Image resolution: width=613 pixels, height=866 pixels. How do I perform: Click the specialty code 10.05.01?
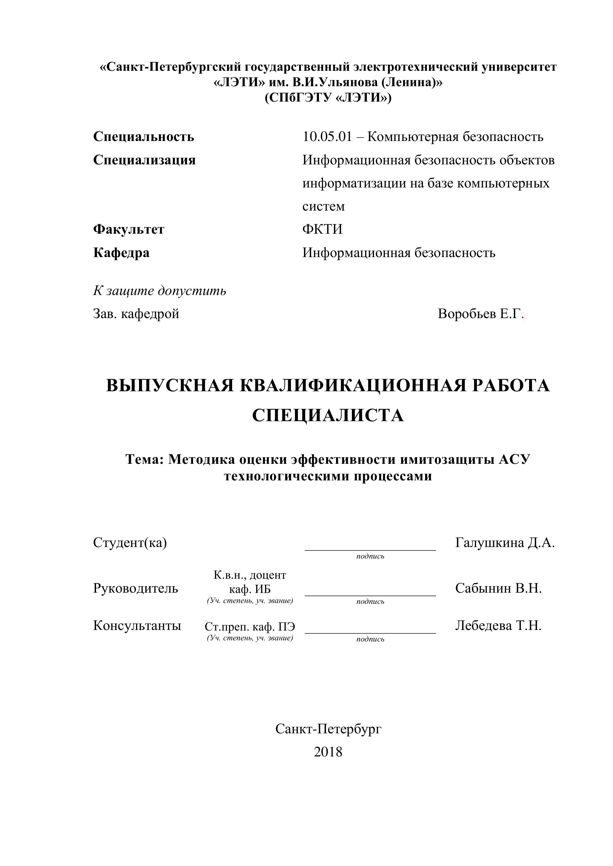(327, 137)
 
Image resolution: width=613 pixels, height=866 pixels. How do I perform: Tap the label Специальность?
(143, 137)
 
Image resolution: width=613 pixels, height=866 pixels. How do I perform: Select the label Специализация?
(144, 160)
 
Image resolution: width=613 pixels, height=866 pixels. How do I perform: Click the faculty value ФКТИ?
(322, 229)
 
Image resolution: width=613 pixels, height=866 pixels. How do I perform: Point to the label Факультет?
(129, 229)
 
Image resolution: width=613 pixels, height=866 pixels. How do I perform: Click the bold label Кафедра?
(121, 253)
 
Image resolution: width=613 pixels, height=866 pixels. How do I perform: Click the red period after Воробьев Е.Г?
(522, 317)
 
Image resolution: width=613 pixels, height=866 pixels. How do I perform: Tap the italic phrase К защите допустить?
(160, 291)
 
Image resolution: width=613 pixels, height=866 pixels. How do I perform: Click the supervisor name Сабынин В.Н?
(498, 588)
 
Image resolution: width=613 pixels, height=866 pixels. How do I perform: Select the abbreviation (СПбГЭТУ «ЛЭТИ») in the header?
(328, 98)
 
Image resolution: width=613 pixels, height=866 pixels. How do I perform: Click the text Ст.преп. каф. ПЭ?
(250, 626)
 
